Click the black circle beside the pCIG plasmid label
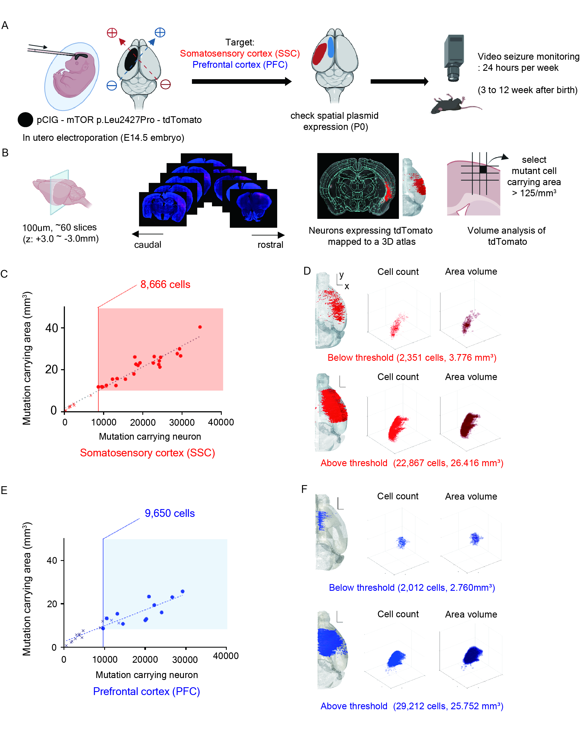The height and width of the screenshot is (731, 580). (25, 120)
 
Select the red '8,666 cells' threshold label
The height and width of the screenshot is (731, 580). (165, 284)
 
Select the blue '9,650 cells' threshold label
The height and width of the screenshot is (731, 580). (169, 513)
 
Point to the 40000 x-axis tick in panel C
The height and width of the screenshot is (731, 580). (221, 422)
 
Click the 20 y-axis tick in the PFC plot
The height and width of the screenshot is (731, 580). (52, 604)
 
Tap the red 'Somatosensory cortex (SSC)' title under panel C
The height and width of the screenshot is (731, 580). (147, 453)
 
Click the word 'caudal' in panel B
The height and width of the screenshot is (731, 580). (147, 245)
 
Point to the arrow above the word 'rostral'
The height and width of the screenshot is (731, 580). (268, 235)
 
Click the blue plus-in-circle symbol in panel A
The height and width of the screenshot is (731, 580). (160, 33)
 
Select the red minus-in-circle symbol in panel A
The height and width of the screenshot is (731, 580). (165, 84)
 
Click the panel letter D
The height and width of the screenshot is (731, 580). (307, 271)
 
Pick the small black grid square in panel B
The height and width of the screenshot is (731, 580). (483, 170)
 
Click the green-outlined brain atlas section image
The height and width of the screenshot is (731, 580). (358, 185)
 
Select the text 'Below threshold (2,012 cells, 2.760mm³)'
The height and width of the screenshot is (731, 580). (412, 588)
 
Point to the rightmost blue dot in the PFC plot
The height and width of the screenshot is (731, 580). (182, 592)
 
